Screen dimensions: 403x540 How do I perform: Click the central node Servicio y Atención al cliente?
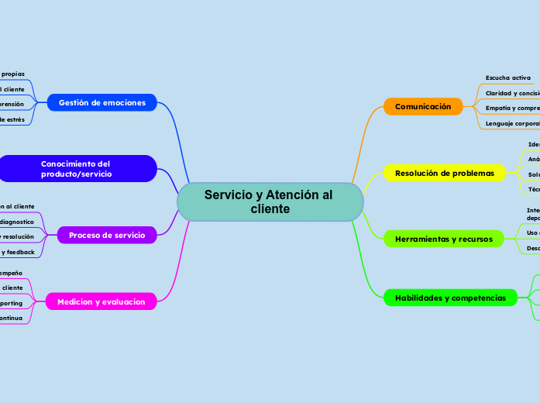point(269,202)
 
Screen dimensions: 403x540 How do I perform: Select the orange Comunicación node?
point(423,106)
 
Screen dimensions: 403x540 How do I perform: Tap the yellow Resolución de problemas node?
point(445,173)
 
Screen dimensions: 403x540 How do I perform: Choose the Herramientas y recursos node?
point(444,239)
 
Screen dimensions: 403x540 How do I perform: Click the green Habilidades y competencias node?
point(450,298)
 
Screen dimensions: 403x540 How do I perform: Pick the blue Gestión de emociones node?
point(102,102)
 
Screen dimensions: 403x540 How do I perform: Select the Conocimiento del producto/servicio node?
point(77,169)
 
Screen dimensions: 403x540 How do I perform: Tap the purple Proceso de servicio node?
point(107,235)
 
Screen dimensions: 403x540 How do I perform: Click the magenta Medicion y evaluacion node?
point(101,301)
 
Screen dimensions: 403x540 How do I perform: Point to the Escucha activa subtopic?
point(508,77)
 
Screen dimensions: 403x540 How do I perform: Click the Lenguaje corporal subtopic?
point(512,123)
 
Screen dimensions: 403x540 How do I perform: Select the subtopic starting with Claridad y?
point(512,93)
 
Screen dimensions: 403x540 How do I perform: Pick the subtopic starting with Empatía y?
point(512,108)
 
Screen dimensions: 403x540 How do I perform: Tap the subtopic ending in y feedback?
point(16,252)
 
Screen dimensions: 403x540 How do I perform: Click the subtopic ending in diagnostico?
point(16,222)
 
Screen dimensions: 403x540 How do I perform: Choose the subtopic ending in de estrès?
point(12,119)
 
